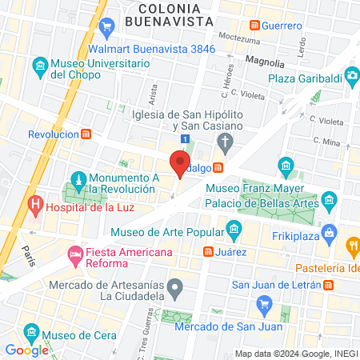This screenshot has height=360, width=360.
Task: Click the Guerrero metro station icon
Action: [x=256, y=26]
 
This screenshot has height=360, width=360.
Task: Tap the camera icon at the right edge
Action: [x=351, y=76]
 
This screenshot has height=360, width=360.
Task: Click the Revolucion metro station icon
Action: [x=86, y=134]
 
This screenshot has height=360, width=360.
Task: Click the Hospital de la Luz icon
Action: [x=34, y=206]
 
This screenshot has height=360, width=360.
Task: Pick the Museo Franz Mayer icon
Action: [x=286, y=167]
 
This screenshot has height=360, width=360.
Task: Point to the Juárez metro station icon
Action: [x=208, y=252]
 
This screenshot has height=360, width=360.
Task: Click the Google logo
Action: [x=26, y=350]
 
